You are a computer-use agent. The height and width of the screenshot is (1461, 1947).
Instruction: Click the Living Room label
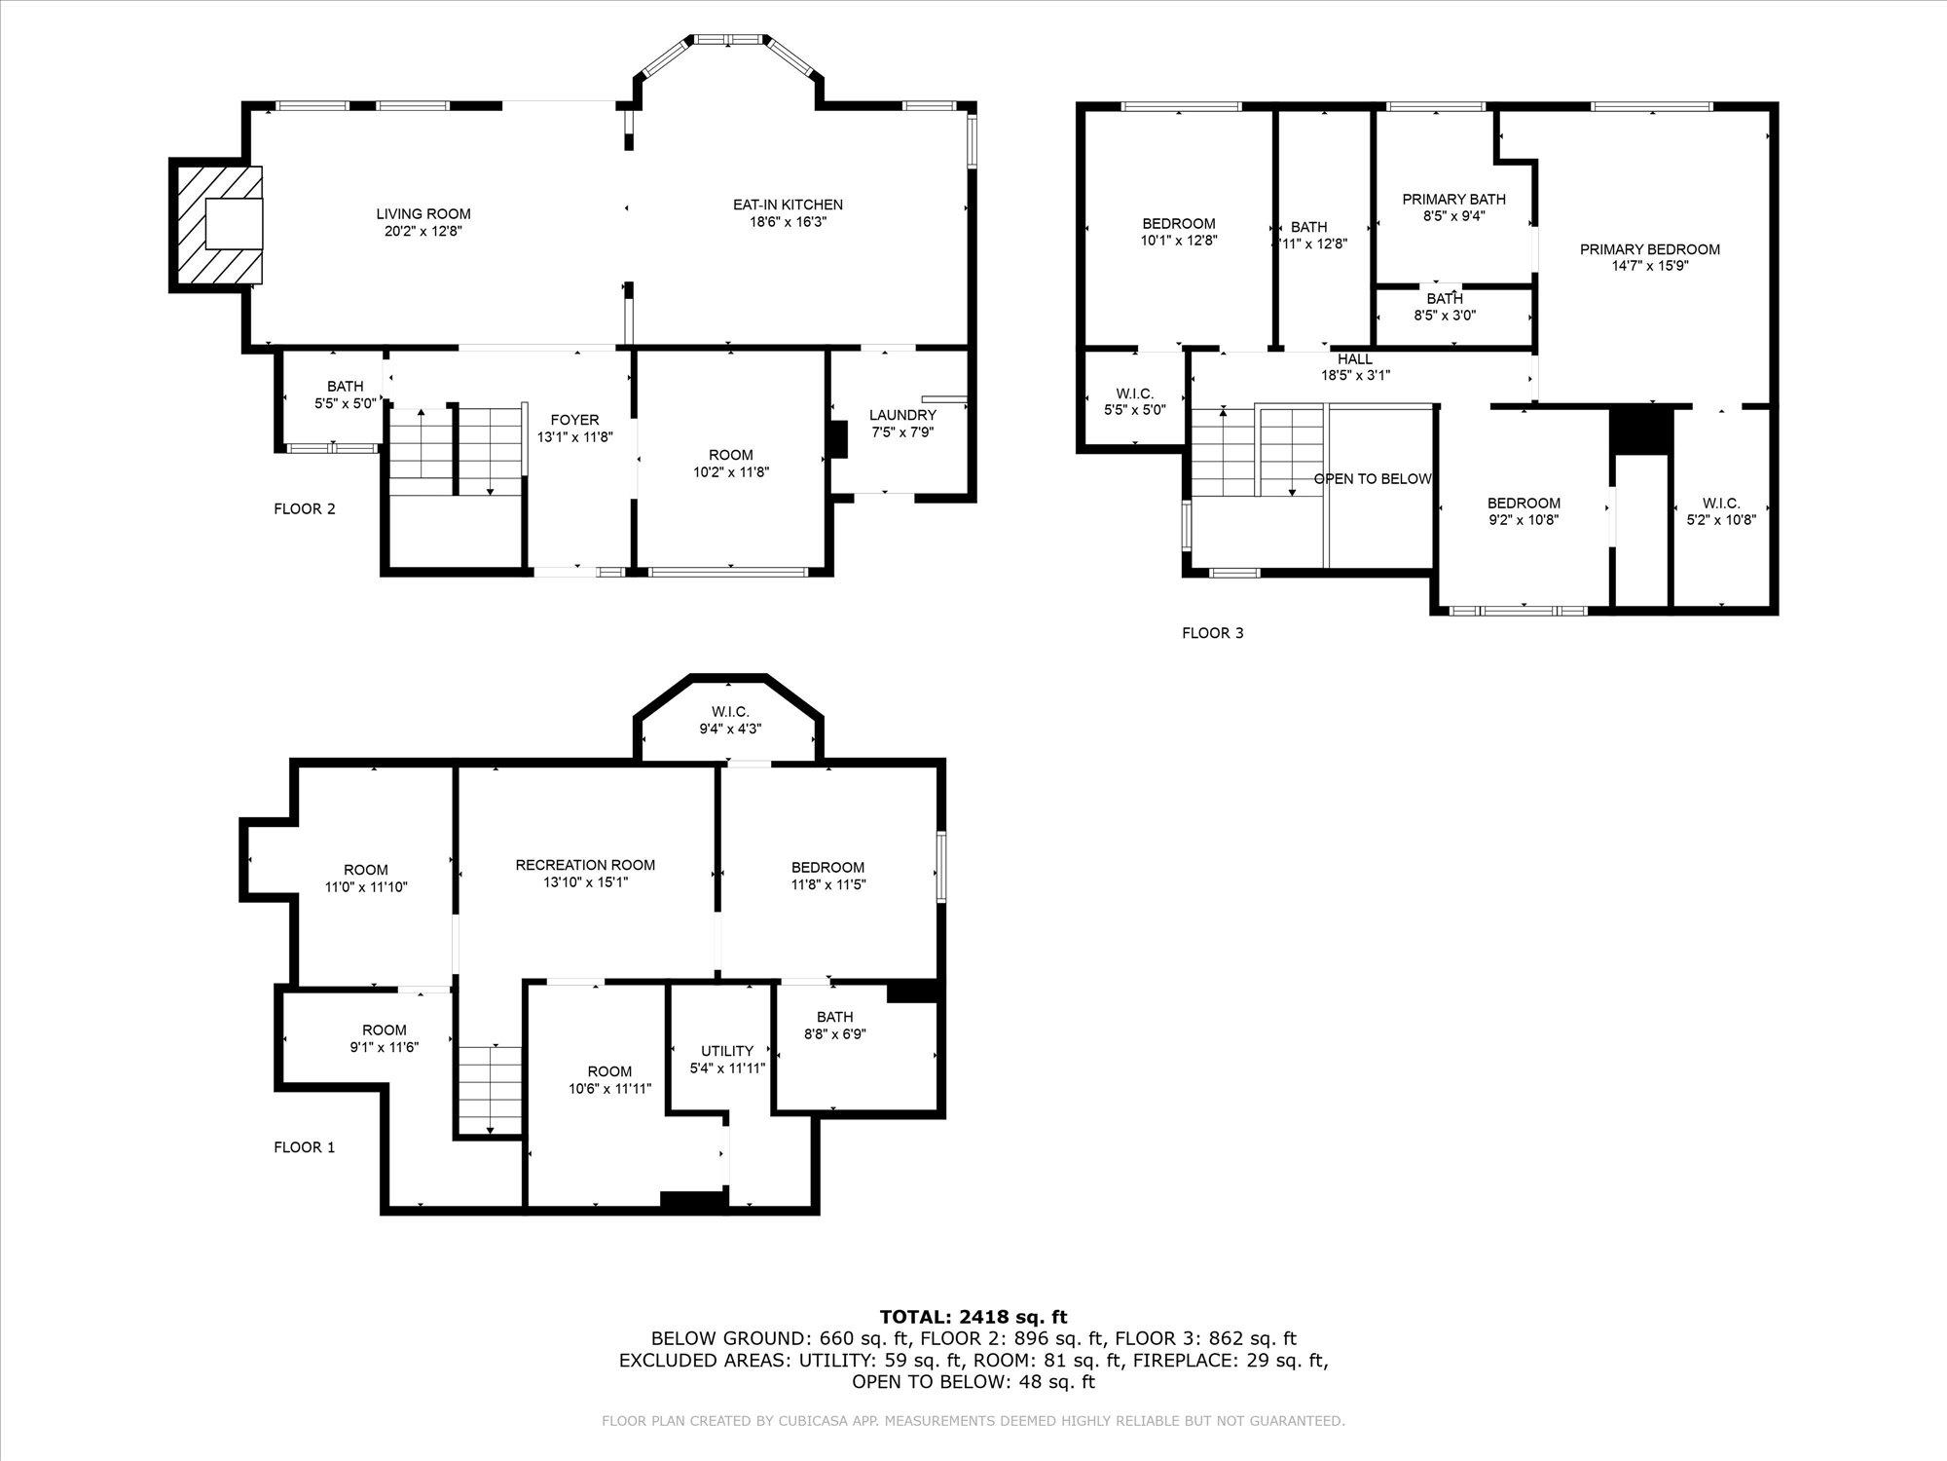[423, 214]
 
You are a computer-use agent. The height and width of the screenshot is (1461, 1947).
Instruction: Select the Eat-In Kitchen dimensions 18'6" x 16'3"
[788, 222]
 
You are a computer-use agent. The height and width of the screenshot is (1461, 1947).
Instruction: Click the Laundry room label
[902, 415]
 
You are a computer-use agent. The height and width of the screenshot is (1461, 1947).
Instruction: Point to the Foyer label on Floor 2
[574, 420]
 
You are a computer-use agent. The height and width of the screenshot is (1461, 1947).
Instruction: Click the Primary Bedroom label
[1649, 249]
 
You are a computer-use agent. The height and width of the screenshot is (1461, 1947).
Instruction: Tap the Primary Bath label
[1453, 199]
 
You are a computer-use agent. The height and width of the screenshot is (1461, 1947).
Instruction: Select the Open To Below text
[1372, 479]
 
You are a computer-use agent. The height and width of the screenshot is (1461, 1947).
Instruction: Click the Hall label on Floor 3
[1354, 359]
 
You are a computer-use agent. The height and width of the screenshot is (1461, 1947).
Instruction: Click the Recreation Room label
[585, 865]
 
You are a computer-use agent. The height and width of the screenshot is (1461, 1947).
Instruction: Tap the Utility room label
[727, 1051]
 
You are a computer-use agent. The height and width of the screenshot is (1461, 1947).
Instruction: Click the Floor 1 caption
[304, 1147]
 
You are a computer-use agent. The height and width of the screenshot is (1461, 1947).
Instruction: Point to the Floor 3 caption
[1212, 633]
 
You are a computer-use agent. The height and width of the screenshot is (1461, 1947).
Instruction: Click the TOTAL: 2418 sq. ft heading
[973, 1318]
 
